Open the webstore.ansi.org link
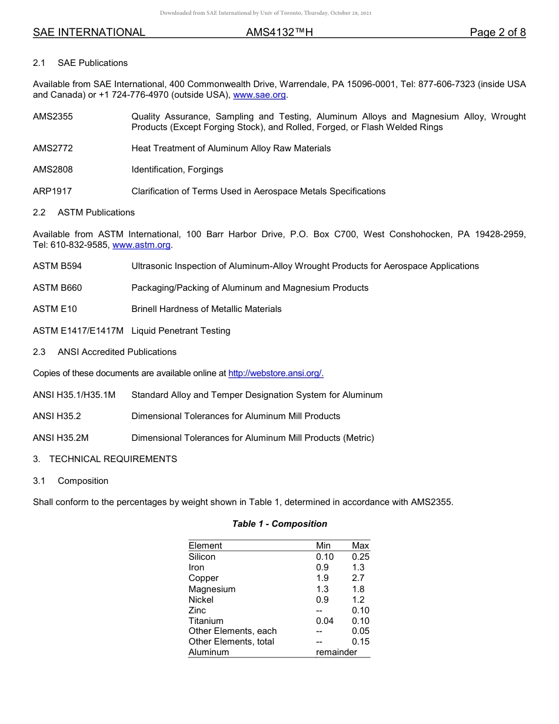click(x=275, y=373)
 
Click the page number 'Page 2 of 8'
click(x=497, y=32)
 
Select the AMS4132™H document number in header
click(x=279, y=32)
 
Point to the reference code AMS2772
click(x=53, y=148)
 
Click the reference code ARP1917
click(x=52, y=191)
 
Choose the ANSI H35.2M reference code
click(x=61, y=438)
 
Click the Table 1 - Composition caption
click(x=279, y=524)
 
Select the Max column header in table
click(x=360, y=546)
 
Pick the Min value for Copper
click(x=322, y=578)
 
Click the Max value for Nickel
click(x=358, y=600)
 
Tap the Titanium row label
click(x=206, y=621)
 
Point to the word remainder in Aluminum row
click(x=336, y=652)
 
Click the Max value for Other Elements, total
click(x=360, y=642)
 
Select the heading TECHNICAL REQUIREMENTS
click(x=113, y=459)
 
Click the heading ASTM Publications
click(x=96, y=212)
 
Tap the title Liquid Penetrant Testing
click(x=181, y=331)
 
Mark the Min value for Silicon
click(x=324, y=557)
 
